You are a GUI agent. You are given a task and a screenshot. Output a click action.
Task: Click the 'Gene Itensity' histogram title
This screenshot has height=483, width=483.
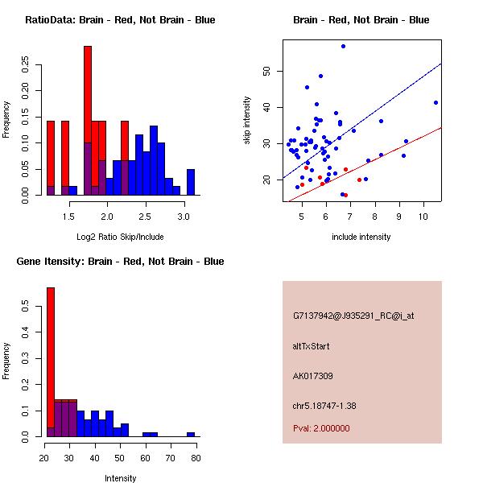pos(120,261)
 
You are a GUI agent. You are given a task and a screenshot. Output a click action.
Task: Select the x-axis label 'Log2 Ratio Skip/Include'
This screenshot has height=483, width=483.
pos(120,237)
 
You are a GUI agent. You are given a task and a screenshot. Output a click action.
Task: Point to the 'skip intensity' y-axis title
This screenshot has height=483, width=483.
pos(248,121)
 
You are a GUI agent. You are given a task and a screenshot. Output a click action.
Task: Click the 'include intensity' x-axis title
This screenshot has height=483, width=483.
pos(361,237)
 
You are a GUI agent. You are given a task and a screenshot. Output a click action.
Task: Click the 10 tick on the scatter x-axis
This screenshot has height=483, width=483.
pos(423,217)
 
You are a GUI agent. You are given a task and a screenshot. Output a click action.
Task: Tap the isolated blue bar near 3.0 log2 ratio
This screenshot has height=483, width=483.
pos(191,182)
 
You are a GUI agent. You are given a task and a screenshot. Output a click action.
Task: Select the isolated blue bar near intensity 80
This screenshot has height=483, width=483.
pos(191,434)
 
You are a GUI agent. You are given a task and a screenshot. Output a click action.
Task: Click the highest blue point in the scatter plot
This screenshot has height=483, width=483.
pos(343,46)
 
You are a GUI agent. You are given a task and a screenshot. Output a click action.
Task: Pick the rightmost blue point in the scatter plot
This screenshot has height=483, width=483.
pos(436,102)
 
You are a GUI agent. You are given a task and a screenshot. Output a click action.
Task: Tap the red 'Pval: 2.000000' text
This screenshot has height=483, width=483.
pos(321,428)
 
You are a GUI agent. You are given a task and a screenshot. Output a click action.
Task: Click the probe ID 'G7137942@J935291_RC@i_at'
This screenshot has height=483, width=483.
pos(353,316)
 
